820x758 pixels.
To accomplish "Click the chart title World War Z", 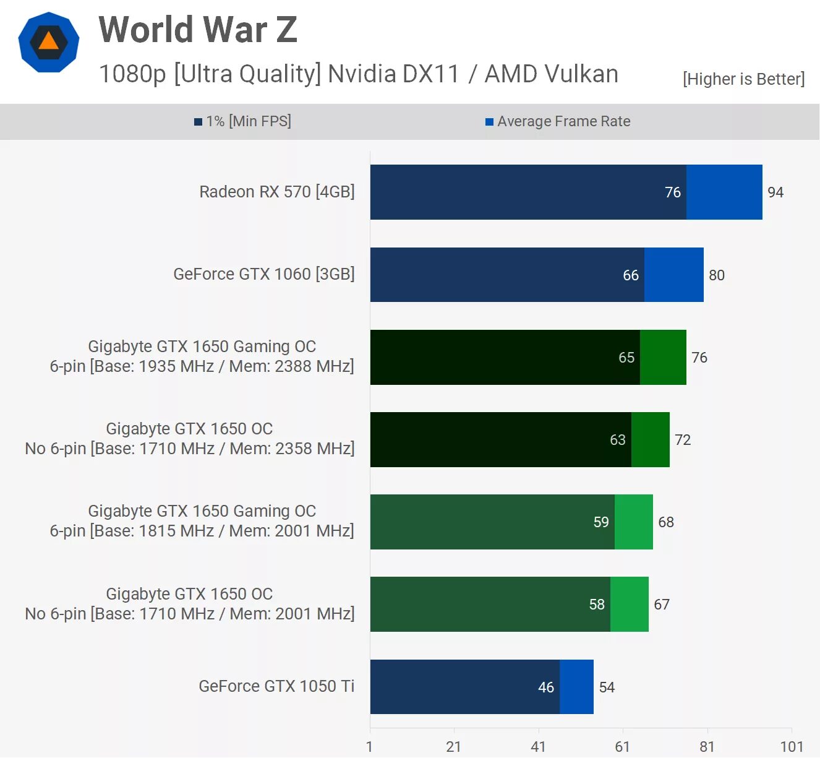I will coord(198,30).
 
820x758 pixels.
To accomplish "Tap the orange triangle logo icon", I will coord(48,42).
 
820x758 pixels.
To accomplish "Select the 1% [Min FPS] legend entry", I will coord(242,121).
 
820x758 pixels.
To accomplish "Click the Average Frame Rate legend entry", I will coord(558,121).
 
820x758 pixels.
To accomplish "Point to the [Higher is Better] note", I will coord(743,79).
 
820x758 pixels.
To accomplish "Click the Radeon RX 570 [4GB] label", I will coord(276,192).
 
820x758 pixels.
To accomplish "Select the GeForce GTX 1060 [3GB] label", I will coord(263,274).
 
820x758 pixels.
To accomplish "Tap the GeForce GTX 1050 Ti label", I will coord(276,686).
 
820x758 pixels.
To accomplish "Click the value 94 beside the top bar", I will coord(775,192).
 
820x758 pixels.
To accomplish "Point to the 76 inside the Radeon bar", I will coord(673,192).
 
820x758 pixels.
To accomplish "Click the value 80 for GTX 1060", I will coord(717,275).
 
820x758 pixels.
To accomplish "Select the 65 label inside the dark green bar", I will coord(626,358).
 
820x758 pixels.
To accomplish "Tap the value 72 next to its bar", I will coord(683,440).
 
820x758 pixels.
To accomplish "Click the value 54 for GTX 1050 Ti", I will coord(607,687).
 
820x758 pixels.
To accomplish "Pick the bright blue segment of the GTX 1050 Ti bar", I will coord(576,687).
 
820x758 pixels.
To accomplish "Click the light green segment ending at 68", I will coord(634,522).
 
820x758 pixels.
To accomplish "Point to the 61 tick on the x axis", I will coord(622,746).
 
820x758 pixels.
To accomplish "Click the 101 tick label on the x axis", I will coord(792,746).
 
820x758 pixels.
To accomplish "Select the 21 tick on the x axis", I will coord(453,746).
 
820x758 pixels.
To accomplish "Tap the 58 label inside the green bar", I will coord(597,605).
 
